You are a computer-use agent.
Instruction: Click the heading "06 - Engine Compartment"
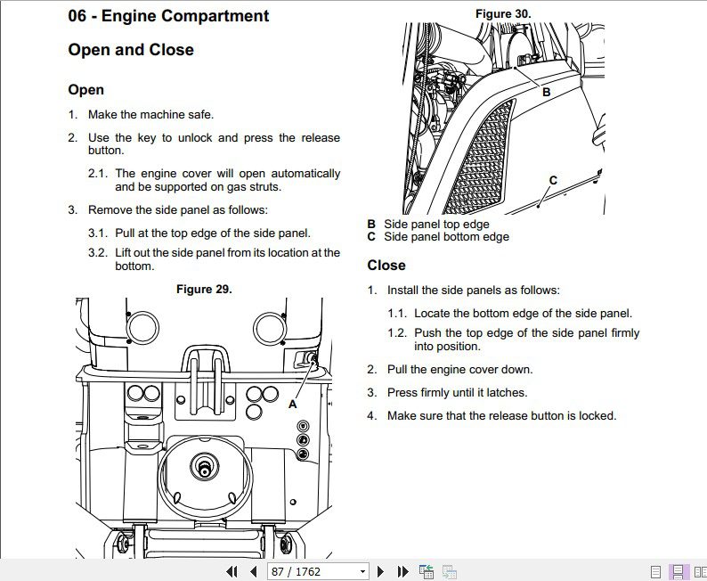click(168, 16)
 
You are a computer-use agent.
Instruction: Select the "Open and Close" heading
click(131, 50)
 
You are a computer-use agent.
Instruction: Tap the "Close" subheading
click(386, 266)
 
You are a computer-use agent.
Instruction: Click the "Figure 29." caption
click(204, 289)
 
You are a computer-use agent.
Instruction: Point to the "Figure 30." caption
click(502, 13)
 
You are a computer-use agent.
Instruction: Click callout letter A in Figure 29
click(292, 404)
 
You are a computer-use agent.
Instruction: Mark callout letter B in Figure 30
click(546, 92)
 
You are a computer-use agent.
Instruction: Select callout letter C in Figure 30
click(553, 180)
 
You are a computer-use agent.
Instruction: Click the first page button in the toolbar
click(232, 571)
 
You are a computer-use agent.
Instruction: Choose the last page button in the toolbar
click(402, 571)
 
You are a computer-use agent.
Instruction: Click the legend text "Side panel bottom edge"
click(446, 237)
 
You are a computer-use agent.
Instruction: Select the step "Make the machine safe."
click(150, 114)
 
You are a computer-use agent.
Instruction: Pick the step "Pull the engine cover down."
click(459, 369)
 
